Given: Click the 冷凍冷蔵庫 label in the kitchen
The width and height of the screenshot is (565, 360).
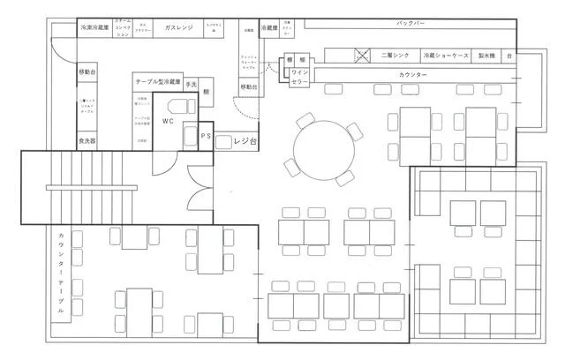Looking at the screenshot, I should [94, 28].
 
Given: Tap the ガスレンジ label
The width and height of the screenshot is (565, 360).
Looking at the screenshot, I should [180, 28].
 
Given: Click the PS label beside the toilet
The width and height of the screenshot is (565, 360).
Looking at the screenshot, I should [205, 136].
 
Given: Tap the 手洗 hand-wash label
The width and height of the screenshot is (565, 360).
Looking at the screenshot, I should [191, 83].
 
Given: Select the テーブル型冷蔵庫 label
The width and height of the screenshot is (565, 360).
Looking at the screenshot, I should [158, 82].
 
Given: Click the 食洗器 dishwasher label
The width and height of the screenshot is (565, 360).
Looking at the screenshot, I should [87, 140].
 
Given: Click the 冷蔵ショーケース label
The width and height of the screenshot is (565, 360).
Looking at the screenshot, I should [446, 55].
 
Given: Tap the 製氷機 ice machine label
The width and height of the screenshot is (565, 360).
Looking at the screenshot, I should [486, 55].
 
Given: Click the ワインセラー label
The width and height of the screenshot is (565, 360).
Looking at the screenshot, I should [301, 77].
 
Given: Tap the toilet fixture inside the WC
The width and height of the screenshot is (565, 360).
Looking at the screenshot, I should [189, 136].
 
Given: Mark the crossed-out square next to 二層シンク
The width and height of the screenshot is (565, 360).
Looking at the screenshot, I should [361, 55].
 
